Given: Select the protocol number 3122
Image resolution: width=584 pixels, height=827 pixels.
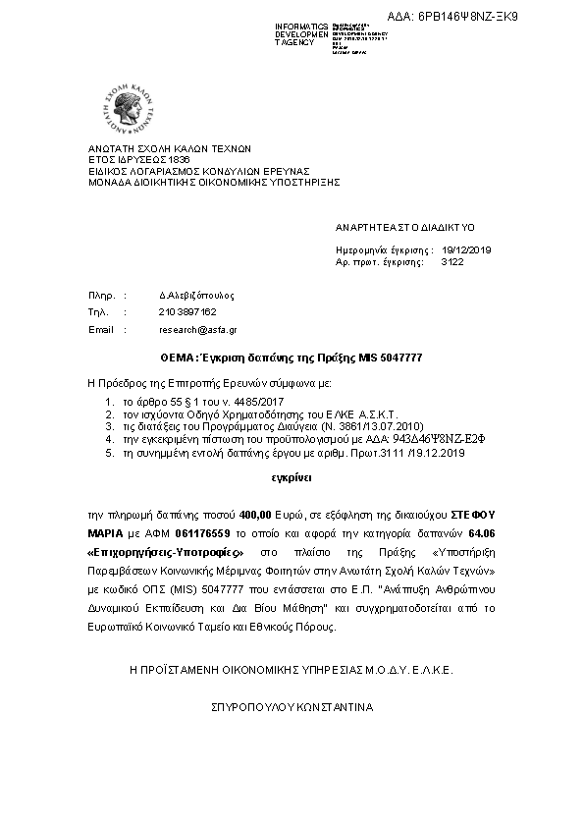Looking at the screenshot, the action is [x=452, y=263].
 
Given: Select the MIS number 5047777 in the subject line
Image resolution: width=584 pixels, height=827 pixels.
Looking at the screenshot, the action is [x=398, y=357].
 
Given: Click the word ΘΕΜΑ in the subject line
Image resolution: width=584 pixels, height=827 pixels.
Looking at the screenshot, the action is [x=180, y=357].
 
